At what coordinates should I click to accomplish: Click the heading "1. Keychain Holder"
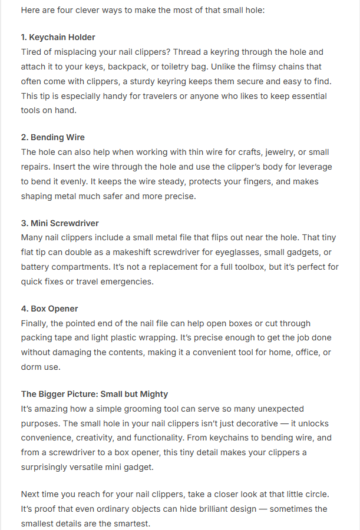(58, 38)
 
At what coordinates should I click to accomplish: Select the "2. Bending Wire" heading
(53, 138)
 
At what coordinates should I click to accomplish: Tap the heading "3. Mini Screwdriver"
(60, 223)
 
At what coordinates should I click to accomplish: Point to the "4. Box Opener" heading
(49, 309)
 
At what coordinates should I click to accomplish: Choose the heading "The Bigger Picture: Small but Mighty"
(95, 394)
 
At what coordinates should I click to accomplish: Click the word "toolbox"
(266, 267)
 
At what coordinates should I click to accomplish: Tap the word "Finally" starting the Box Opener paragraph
(35, 323)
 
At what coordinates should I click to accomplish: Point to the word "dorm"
(32, 367)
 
